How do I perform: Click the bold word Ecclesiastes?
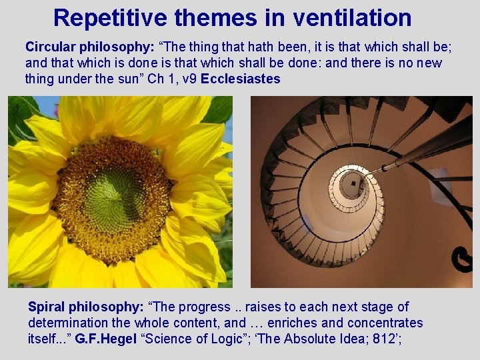click(x=240, y=79)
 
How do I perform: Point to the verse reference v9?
click(x=188, y=79)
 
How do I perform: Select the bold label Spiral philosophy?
click(x=85, y=307)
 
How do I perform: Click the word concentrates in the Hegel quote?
click(x=387, y=323)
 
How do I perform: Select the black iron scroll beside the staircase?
click(x=461, y=257)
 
